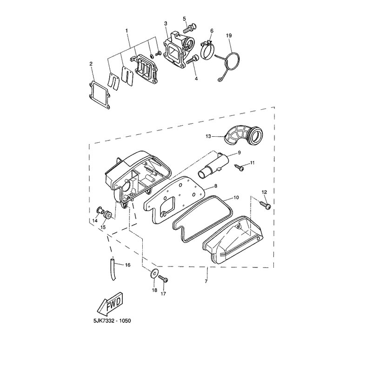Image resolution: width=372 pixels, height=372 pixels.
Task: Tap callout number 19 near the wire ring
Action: point(229,36)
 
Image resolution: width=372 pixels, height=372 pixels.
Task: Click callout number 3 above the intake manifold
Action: point(166,23)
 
